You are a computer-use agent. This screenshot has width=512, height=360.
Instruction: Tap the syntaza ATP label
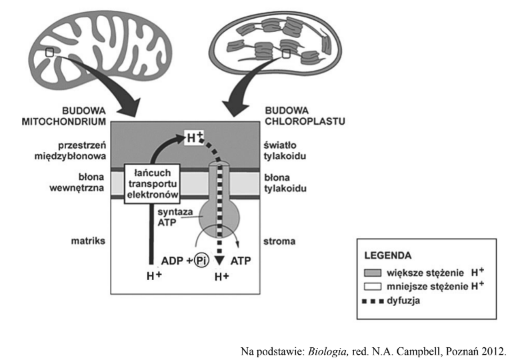coord(175,217)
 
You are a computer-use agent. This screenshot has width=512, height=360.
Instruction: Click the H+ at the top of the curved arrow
coord(194,139)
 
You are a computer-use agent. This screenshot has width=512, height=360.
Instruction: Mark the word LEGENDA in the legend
coord(388,255)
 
